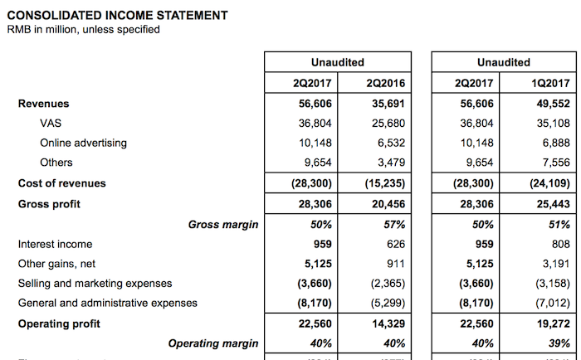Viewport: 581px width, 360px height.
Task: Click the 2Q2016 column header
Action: coord(385,84)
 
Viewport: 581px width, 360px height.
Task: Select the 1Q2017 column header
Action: coord(551,84)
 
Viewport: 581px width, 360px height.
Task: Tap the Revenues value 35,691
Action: coord(388,104)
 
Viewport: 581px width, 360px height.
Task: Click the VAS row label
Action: coord(51,124)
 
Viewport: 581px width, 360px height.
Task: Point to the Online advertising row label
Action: coord(83,143)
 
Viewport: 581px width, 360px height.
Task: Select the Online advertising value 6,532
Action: coord(391,143)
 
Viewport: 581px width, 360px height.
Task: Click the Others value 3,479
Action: coord(391,163)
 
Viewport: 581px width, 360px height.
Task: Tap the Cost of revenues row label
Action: coord(62,182)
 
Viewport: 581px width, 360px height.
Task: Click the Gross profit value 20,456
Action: coord(388,203)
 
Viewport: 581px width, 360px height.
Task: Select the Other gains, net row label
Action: coord(55,264)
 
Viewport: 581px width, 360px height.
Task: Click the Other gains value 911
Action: coord(396,264)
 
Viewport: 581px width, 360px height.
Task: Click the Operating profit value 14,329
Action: coord(388,324)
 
